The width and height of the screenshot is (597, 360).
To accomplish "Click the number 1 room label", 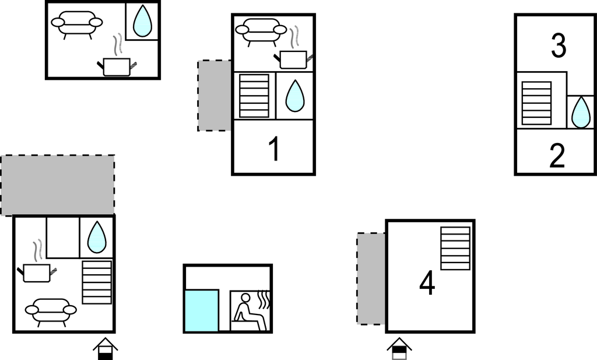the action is (275, 149).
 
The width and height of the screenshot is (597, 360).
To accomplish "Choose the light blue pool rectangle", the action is (201, 310).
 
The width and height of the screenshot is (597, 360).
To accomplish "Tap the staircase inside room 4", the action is (455, 249).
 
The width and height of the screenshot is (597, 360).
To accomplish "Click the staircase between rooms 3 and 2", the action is (536, 103).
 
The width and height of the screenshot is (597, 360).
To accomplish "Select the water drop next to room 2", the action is (581, 112).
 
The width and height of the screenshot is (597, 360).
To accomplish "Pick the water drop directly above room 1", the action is (295, 96).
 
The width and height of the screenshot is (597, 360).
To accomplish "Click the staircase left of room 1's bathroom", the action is (254, 96).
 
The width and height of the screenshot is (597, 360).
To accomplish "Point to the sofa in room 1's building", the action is (261, 31).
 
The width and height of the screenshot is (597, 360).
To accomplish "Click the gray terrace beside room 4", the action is (371, 278).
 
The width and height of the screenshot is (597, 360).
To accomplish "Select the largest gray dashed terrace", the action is (58, 185).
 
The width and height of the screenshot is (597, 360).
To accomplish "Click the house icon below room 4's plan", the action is (399, 348).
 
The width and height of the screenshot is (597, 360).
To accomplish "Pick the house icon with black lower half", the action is (106, 348).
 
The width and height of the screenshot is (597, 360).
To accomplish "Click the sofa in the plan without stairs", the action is (77, 23).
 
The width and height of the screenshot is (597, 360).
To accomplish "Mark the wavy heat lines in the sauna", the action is (264, 300).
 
